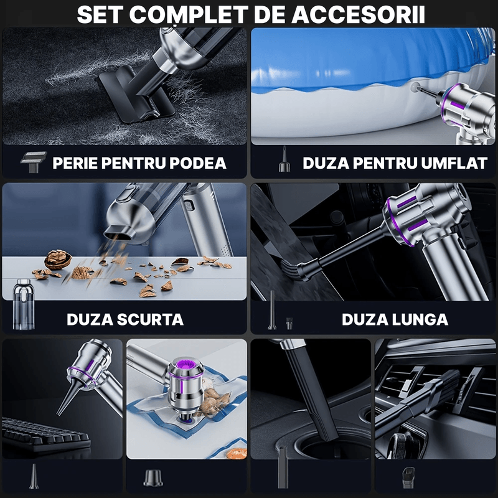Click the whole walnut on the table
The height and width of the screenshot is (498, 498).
point(58,258)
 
